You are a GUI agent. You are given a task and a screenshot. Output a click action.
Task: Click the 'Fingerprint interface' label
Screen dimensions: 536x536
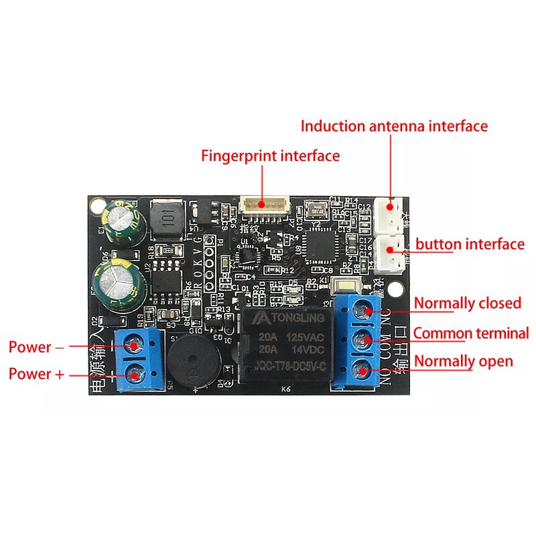(271, 156)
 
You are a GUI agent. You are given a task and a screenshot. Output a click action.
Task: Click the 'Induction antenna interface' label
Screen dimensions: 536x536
(394, 126)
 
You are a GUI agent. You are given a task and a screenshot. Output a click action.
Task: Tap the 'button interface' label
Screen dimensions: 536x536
(470, 244)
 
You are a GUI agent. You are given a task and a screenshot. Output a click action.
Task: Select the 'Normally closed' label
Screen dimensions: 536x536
(467, 303)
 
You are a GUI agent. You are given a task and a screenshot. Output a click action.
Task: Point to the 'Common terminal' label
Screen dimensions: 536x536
(470, 333)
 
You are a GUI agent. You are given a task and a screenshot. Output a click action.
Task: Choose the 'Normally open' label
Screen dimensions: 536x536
(463, 361)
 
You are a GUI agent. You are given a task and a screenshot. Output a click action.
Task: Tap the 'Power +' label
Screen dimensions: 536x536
(36, 374)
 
